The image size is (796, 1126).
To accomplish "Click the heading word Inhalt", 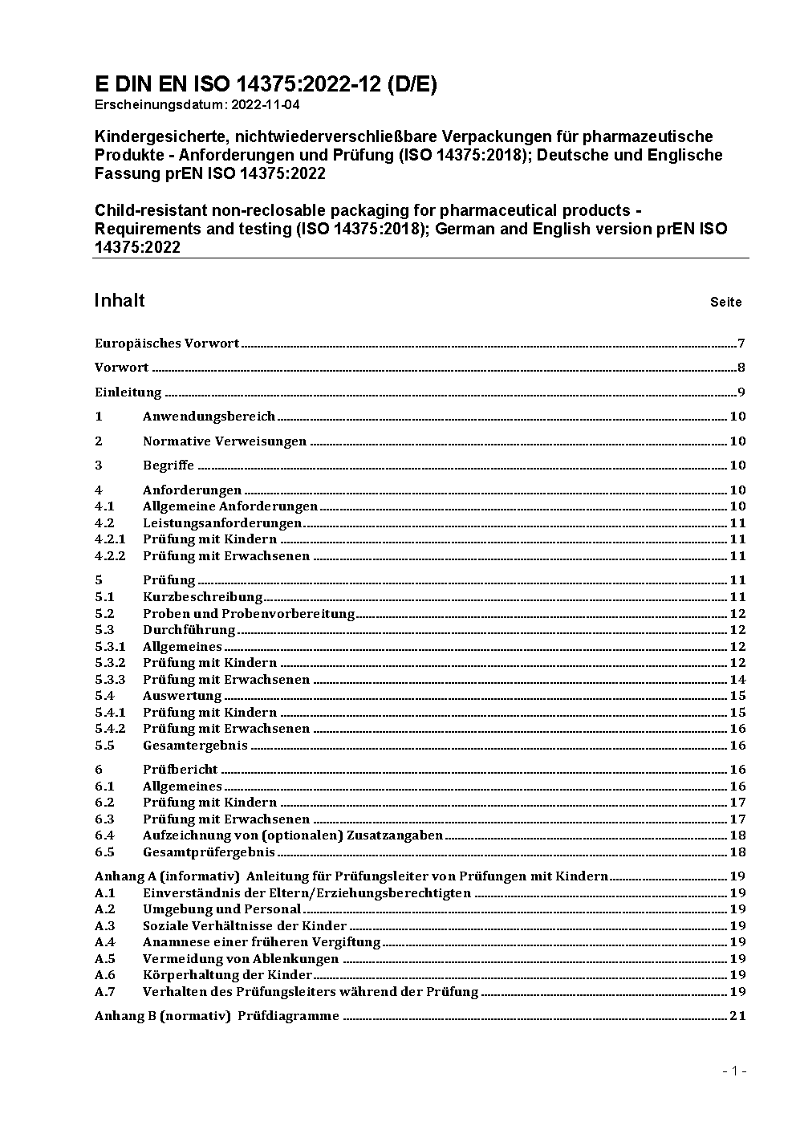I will [x=120, y=300].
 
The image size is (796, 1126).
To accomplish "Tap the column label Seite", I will [x=725, y=303].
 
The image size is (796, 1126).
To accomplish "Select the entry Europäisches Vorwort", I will [x=167, y=343].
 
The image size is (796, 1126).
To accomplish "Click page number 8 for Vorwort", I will [x=741, y=368].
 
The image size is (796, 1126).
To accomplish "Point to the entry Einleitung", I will [x=128, y=392].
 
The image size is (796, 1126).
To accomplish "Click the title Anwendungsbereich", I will [x=209, y=416].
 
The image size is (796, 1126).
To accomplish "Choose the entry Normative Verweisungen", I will [x=225, y=441].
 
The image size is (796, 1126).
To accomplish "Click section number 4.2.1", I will [x=111, y=539].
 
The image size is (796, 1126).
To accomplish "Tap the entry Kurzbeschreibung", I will [x=203, y=597].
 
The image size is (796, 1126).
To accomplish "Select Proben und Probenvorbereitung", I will [x=249, y=613].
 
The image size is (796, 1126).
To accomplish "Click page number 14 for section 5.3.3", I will [x=737, y=680].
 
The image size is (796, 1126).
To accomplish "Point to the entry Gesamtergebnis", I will [x=195, y=746].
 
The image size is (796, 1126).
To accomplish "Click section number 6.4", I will [x=105, y=835].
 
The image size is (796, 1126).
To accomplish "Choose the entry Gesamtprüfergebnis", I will [x=209, y=852].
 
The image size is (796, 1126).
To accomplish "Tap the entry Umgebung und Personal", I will [x=221, y=909].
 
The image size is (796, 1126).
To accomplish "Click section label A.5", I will [x=105, y=959].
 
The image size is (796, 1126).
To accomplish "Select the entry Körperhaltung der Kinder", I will [x=227, y=975].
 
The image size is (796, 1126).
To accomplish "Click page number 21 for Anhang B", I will [x=737, y=1016].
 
